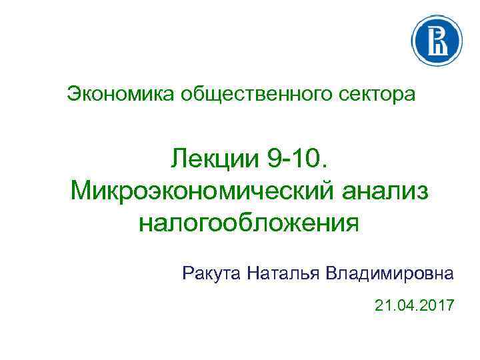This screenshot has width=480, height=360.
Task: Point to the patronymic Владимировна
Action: [x=390, y=273]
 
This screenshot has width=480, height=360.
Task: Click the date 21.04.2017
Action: [x=413, y=306]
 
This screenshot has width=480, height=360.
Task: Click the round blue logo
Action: [x=437, y=40]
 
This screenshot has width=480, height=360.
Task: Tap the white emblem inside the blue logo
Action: [x=437, y=40]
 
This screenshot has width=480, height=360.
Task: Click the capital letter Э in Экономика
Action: [x=73, y=95]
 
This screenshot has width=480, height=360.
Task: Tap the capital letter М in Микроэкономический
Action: [x=83, y=190]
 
